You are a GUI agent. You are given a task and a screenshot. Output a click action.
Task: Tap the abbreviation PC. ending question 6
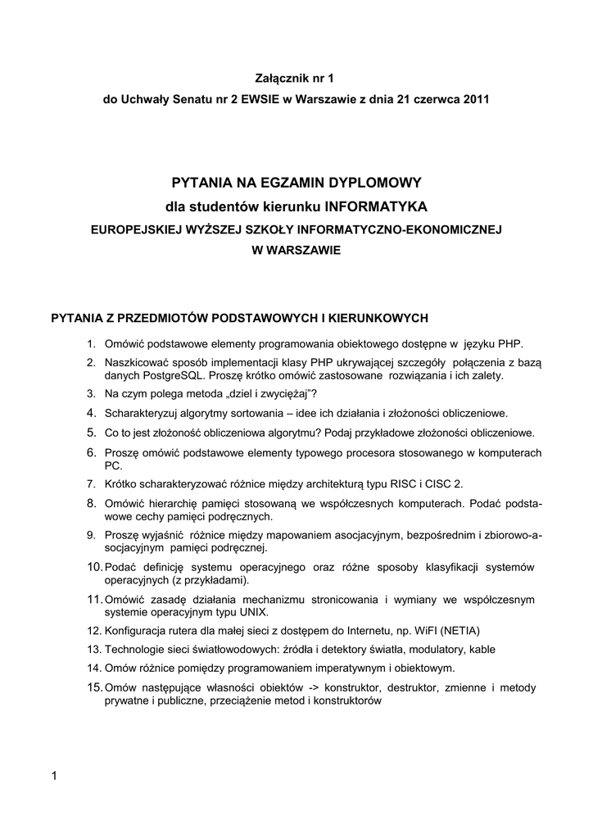point(113,465)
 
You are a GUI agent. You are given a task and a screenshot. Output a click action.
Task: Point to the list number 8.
point(92,503)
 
